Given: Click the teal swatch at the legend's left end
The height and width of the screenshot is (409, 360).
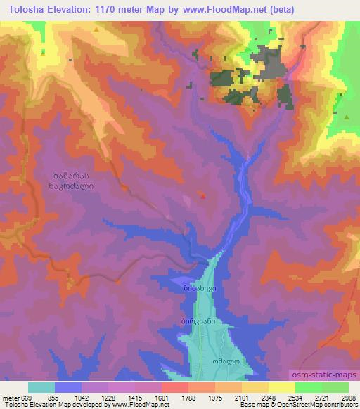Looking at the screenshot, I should [x=41, y=387].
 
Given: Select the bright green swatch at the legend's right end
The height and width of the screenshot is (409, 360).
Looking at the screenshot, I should [x=335, y=387].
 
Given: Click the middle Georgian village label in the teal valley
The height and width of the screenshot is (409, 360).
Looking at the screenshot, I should [x=197, y=321].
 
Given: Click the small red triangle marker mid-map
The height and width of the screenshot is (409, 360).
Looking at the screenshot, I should [x=204, y=196].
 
